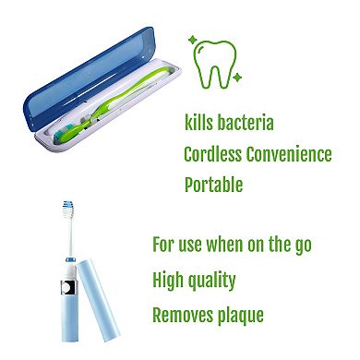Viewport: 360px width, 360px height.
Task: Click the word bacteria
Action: pos(241,123)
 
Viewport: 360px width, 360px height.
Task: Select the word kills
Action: pos(196,123)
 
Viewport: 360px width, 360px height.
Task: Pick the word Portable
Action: pos(213,184)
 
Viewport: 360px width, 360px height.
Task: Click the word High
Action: pos(168,280)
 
